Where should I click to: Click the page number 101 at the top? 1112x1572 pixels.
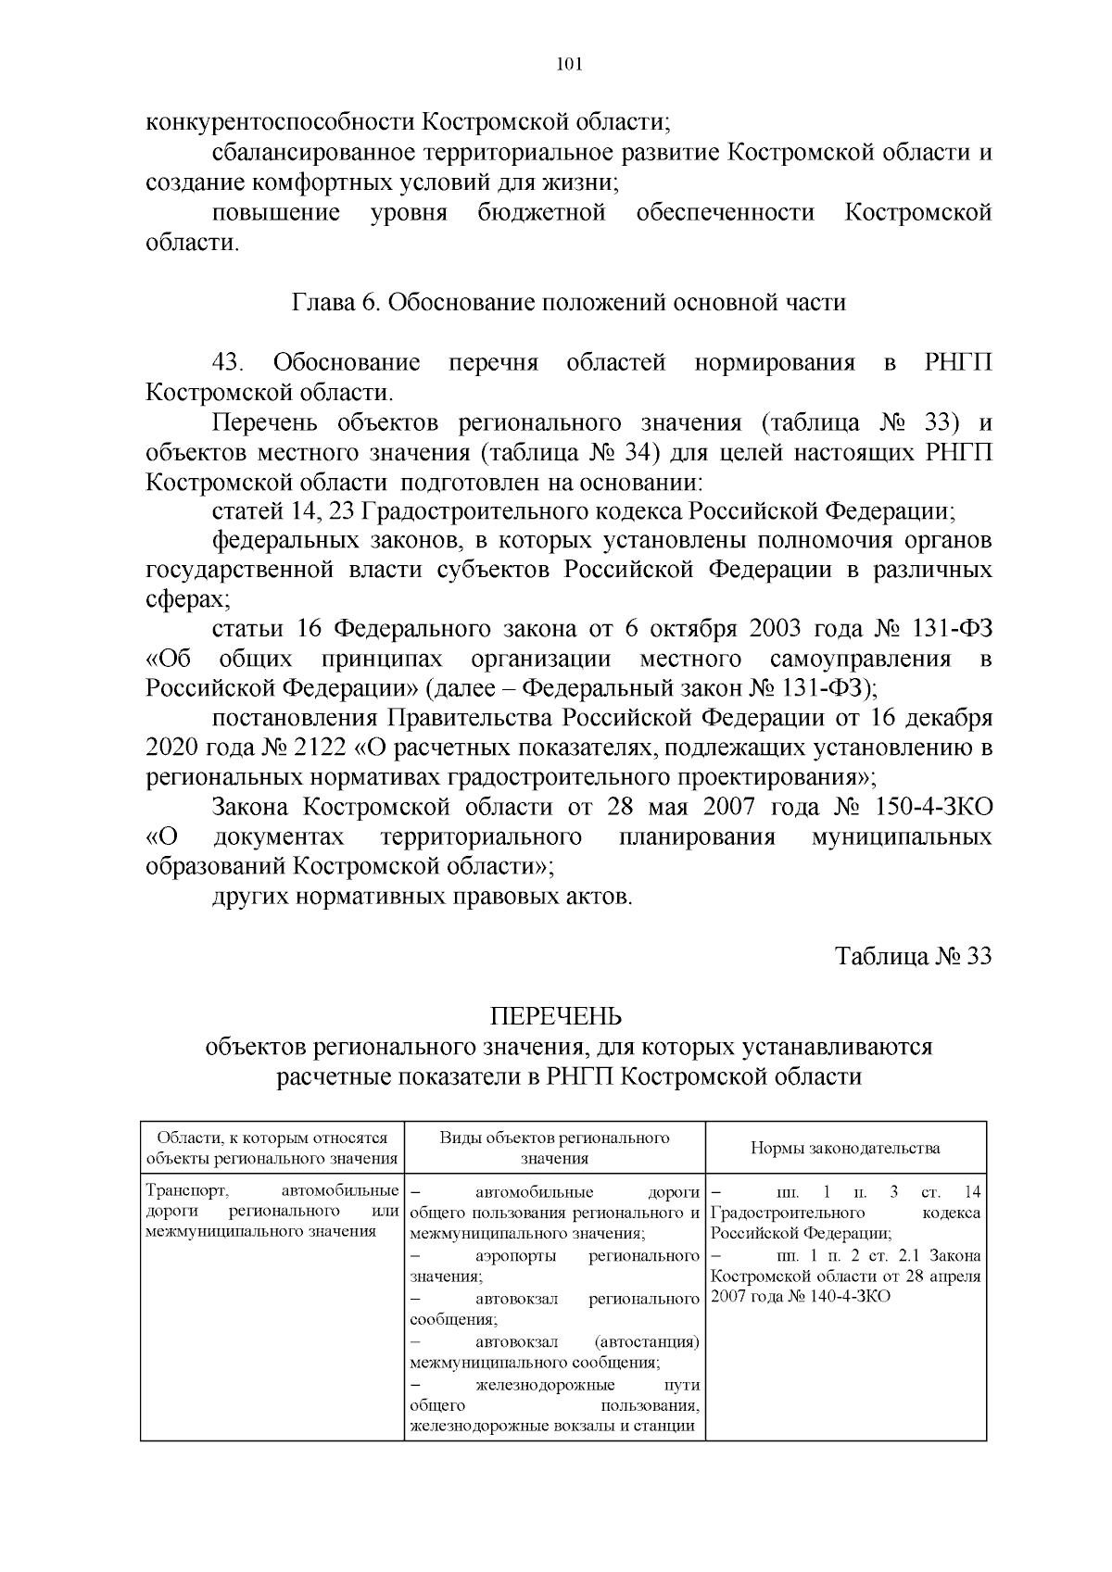click(x=568, y=65)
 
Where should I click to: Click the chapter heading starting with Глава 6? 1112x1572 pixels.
click(x=569, y=302)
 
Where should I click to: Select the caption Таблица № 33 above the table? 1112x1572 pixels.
click(x=913, y=956)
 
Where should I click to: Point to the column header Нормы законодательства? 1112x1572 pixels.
click(x=844, y=1148)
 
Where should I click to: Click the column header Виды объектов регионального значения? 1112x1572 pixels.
click(x=554, y=1148)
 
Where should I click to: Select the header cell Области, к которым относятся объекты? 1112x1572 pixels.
click(x=272, y=1148)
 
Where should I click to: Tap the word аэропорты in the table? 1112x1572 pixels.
click(x=515, y=1256)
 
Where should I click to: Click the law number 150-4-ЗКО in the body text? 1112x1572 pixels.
click(x=933, y=806)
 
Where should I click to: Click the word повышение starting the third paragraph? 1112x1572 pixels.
click(x=276, y=213)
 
